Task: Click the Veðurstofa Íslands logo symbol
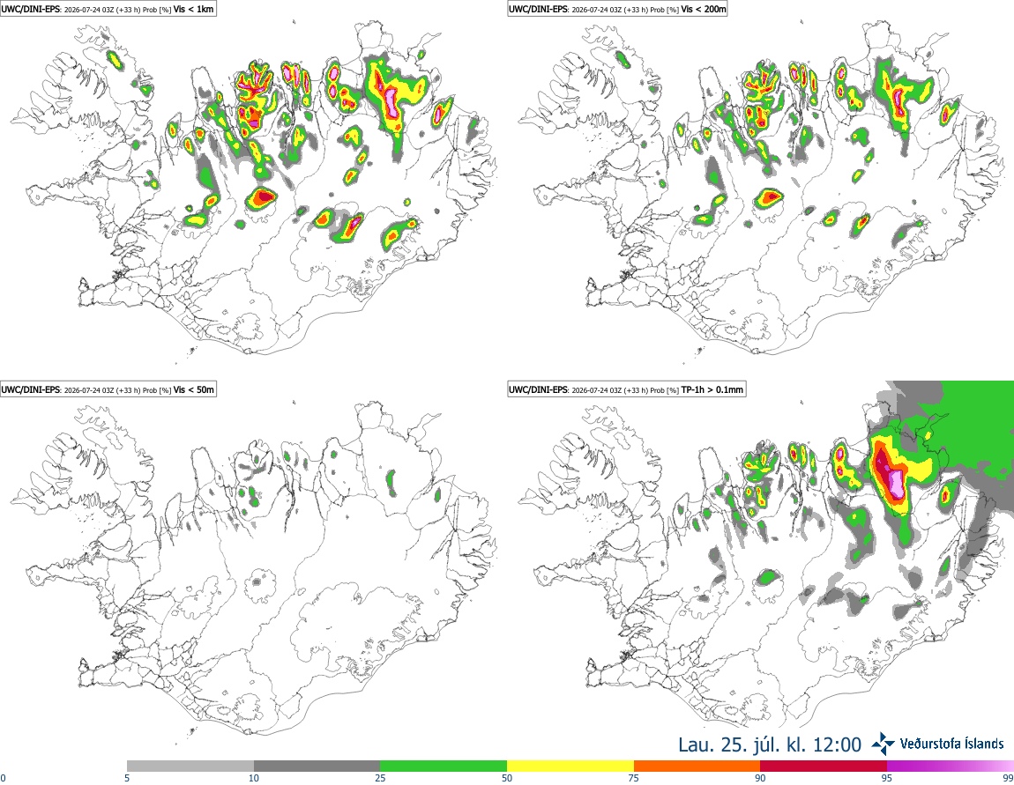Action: click(x=884, y=744)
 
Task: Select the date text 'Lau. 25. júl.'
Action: click(x=731, y=744)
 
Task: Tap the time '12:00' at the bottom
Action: click(x=839, y=744)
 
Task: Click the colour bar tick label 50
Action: click(x=507, y=778)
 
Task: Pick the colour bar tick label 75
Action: click(x=634, y=778)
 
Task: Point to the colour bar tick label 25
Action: click(x=380, y=778)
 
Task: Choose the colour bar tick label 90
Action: click(x=760, y=778)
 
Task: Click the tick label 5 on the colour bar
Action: click(x=127, y=778)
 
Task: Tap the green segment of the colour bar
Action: click(x=444, y=766)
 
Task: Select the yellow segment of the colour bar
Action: click(x=570, y=766)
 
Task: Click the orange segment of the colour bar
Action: click(x=697, y=766)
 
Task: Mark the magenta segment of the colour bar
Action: click(x=951, y=766)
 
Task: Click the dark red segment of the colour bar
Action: click(x=824, y=766)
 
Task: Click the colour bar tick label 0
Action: click(x=3, y=778)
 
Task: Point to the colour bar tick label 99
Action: click(x=1008, y=778)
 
